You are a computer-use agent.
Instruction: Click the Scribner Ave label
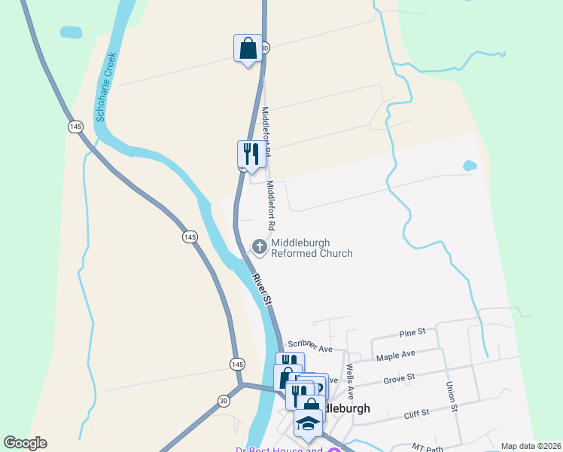pyautogui.click(x=310, y=346)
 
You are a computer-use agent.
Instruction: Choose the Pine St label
pyautogui.click(x=412, y=331)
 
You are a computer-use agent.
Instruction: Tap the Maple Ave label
pyautogui.click(x=396, y=354)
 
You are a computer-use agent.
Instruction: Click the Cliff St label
pyautogui.click(x=415, y=413)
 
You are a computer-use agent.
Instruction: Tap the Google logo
pyautogui.click(x=25, y=443)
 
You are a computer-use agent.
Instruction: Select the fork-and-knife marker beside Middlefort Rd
pyautogui.click(x=251, y=155)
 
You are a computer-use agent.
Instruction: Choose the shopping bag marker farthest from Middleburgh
pyautogui.click(x=248, y=50)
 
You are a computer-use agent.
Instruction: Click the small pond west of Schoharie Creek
pyautogui.click(x=70, y=32)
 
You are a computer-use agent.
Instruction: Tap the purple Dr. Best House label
pyautogui.click(x=278, y=450)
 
